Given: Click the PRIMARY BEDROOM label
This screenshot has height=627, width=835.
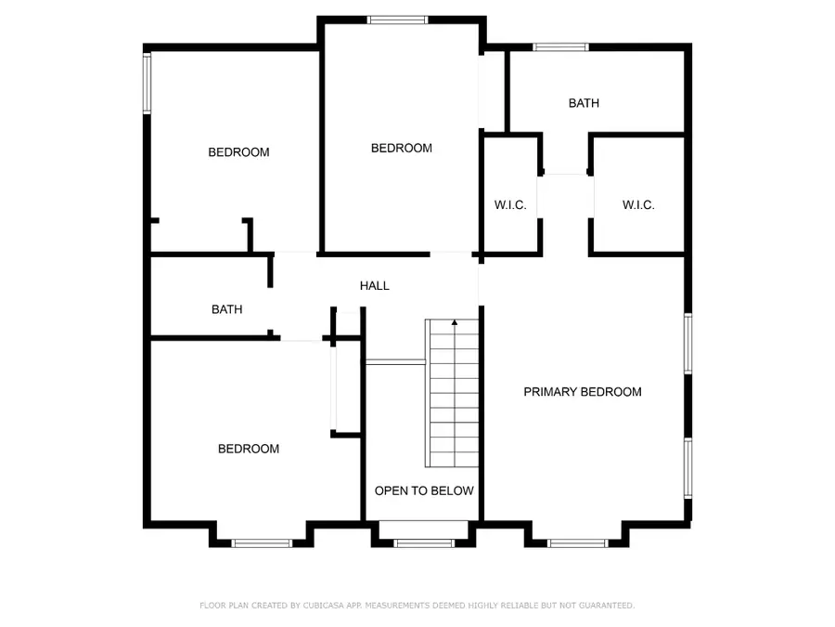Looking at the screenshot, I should click(x=583, y=392).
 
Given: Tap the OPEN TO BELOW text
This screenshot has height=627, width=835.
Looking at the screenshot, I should click(x=424, y=490).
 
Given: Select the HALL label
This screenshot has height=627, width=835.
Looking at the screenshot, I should click(x=375, y=286).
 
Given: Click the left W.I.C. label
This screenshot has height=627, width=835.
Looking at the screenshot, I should click(x=509, y=205).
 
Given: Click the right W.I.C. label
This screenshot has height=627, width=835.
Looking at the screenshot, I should click(x=638, y=205).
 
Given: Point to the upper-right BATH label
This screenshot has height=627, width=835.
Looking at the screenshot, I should click(x=584, y=103).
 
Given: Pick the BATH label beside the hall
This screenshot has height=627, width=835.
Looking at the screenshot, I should click(x=226, y=309).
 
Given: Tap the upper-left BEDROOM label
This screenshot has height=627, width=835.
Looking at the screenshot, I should click(x=238, y=152).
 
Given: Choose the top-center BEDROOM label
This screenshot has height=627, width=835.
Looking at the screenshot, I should click(x=402, y=148).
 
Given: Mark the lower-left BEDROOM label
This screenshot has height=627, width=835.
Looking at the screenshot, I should click(x=249, y=449).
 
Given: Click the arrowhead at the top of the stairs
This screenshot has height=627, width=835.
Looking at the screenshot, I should click(x=455, y=322).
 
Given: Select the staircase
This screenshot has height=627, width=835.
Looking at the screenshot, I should click(x=453, y=393).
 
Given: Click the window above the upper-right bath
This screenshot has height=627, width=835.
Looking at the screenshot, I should click(x=560, y=46).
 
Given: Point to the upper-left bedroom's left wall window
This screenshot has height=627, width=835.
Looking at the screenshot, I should click(x=147, y=83).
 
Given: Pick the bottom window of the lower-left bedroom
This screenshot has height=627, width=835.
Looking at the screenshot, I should click(x=263, y=543).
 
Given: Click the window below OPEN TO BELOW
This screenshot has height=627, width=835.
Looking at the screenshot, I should click(x=423, y=542).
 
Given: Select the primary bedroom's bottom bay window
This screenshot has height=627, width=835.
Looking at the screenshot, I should click(x=577, y=543).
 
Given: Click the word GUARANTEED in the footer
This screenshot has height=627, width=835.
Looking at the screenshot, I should click(x=602, y=606).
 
